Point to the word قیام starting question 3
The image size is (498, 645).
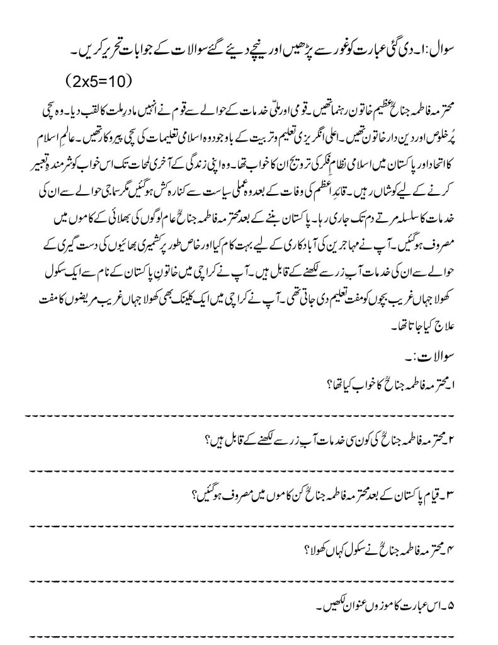coord(454,494)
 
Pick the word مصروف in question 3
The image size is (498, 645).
coord(229,494)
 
